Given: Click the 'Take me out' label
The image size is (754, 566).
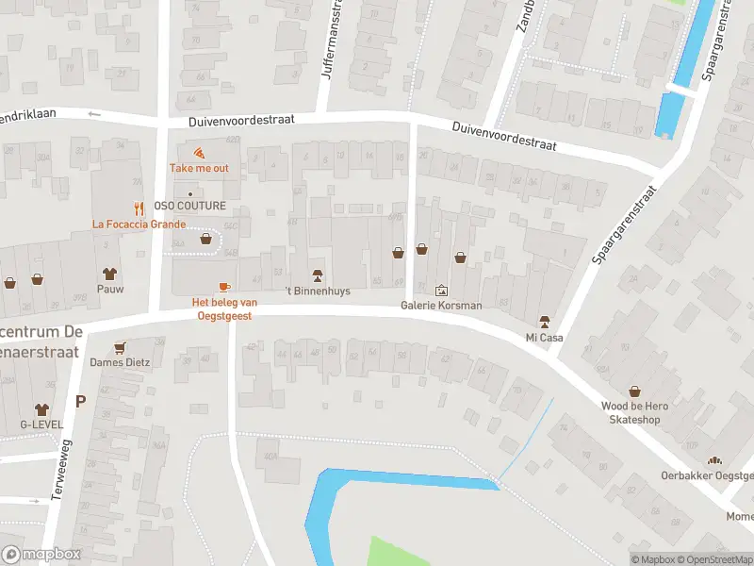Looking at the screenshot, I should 199,168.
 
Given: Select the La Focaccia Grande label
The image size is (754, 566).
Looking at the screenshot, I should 139,225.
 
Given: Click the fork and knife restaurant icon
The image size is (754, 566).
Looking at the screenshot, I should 139,208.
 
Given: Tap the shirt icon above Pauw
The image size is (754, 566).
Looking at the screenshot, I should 109,274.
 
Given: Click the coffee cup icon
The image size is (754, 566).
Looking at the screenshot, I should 224,287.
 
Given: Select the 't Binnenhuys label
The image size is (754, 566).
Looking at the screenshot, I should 318,291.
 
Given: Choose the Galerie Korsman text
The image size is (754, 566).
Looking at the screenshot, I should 441,306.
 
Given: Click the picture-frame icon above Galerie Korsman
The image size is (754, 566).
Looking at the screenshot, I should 441,291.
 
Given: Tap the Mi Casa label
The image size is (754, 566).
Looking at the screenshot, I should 544,337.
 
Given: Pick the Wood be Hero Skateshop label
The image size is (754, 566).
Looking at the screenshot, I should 634,411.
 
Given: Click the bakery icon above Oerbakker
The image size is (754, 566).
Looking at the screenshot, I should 714,460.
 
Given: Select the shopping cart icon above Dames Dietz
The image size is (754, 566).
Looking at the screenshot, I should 120,346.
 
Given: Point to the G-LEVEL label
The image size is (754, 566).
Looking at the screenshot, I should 41,424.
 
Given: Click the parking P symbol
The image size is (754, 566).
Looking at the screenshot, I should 80,401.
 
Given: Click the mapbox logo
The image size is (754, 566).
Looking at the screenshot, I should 41,555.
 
